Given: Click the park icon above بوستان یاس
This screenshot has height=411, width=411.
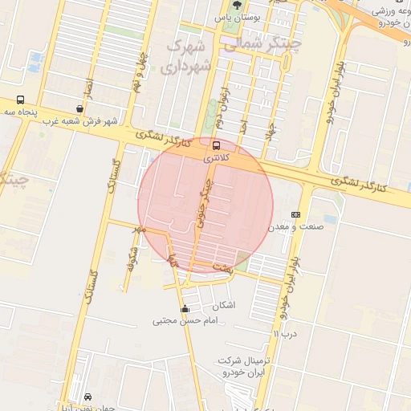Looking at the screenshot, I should [235, 4].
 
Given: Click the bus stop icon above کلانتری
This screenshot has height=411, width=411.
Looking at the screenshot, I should [216, 145].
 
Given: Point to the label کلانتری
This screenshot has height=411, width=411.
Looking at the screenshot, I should [216, 158].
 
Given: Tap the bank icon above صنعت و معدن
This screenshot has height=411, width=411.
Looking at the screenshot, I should [295, 214].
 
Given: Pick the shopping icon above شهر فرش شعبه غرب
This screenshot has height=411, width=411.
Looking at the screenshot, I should [79, 108].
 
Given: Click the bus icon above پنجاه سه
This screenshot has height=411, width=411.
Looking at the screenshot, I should [19, 100].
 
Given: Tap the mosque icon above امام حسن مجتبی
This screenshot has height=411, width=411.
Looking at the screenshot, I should [185, 309].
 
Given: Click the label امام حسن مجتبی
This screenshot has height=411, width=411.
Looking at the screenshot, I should [185, 321].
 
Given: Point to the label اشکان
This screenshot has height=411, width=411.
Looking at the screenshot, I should [225, 306].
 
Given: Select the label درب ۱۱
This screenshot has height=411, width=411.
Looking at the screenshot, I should [284, 333].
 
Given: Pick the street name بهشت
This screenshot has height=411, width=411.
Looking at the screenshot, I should [222, 267].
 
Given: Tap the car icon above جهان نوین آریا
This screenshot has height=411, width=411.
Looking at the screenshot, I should [87, 397].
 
